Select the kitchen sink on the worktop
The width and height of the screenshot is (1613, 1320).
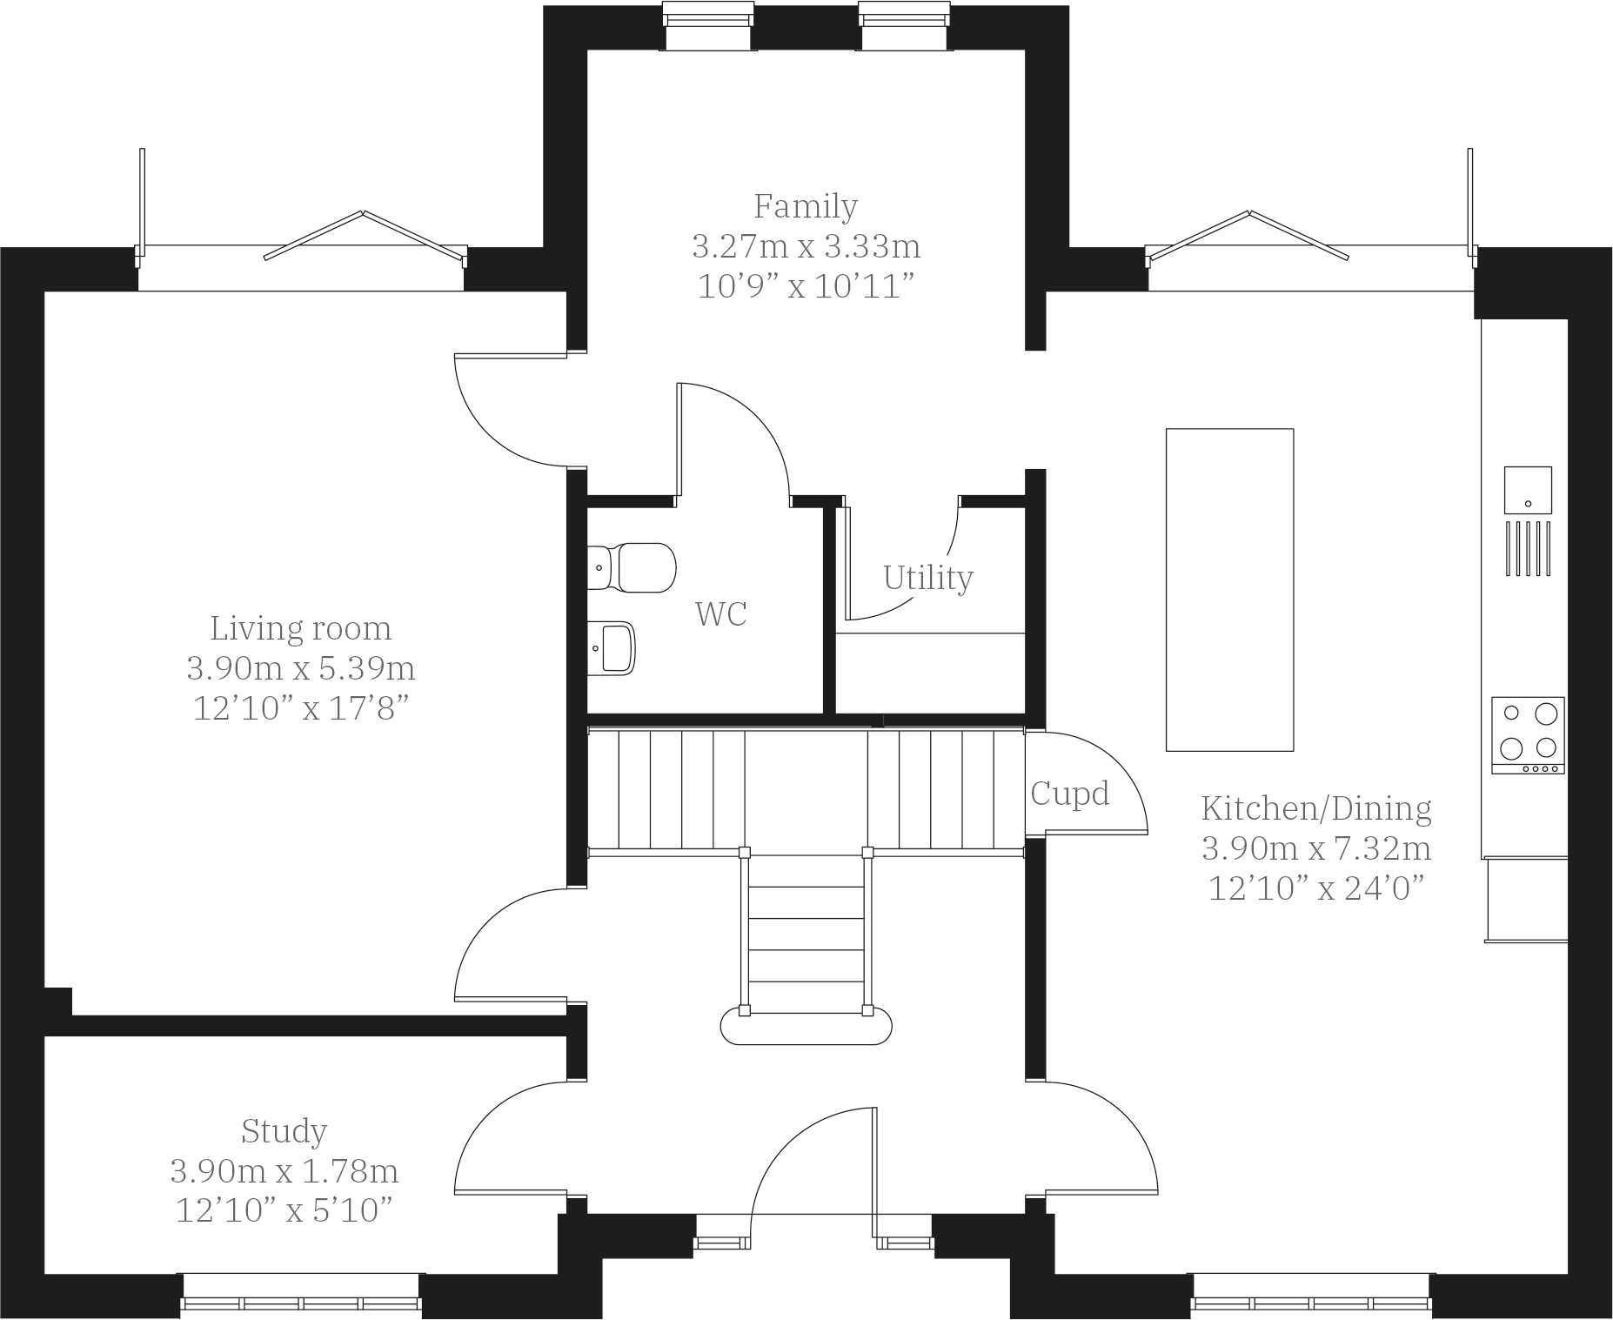point(1528,490)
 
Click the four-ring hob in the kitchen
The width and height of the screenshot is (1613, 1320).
point(1528,734)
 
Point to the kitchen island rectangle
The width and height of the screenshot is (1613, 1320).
point(1229,589)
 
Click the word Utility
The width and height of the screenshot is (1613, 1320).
point(927,578)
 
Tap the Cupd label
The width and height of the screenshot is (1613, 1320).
point(1069,794)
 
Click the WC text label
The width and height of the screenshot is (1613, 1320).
point(720,614)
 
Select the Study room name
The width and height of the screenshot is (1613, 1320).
point(284,1131)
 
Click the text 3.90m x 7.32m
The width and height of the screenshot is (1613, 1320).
point(1316,848)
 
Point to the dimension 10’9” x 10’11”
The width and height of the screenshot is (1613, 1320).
point(806,286)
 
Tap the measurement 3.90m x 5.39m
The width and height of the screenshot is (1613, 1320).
point(300,668)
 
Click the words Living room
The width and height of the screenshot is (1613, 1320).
point(300,628)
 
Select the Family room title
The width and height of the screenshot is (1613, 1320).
point(806,206)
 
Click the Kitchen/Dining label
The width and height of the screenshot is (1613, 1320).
point(1316,808)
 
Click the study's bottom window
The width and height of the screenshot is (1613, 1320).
point(301,1303)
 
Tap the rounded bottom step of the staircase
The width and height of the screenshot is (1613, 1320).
point(806,1028)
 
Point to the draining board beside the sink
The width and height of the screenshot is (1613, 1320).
point(1529,547)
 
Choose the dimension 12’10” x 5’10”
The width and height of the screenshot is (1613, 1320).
point(284,1210)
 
